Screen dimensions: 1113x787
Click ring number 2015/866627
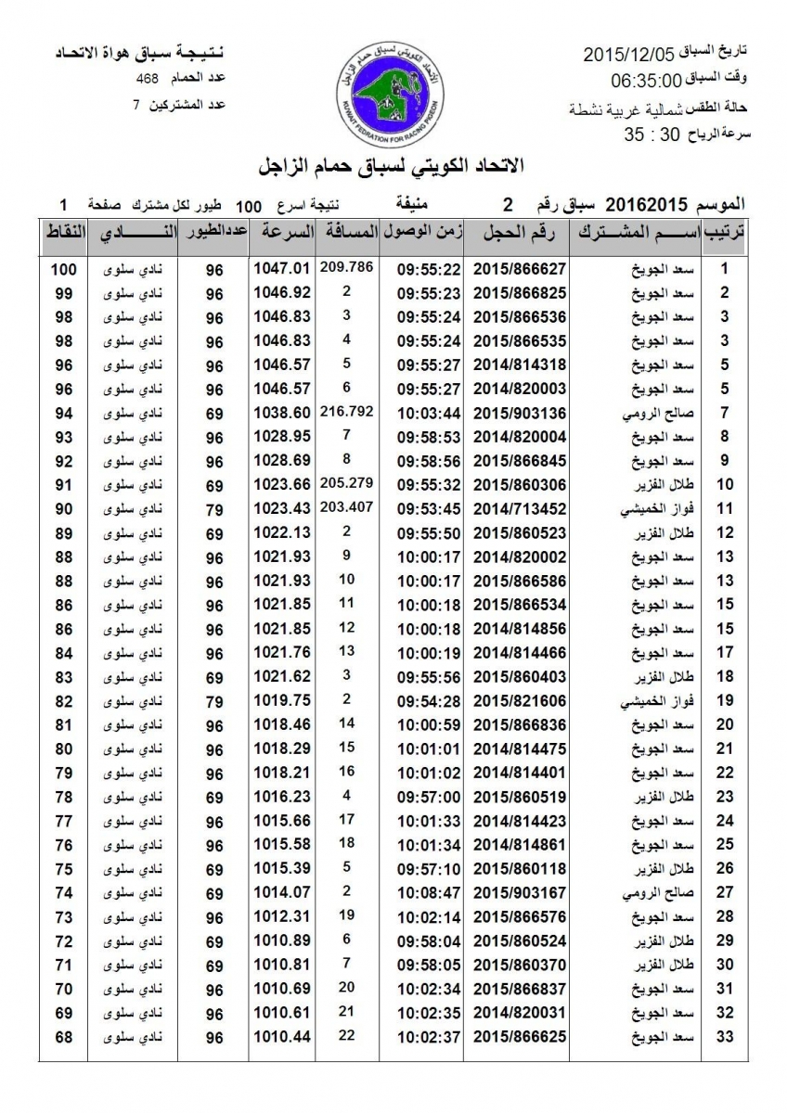(x=521, y=269)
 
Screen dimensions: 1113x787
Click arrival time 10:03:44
(x=430, y=412)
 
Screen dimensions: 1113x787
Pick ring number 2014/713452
(x=521, y=507)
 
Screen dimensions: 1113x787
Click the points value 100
(x=62, y=269)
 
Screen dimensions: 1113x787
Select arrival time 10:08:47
(x=430, y=892)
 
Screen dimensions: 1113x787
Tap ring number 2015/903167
(x=521, y=892)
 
